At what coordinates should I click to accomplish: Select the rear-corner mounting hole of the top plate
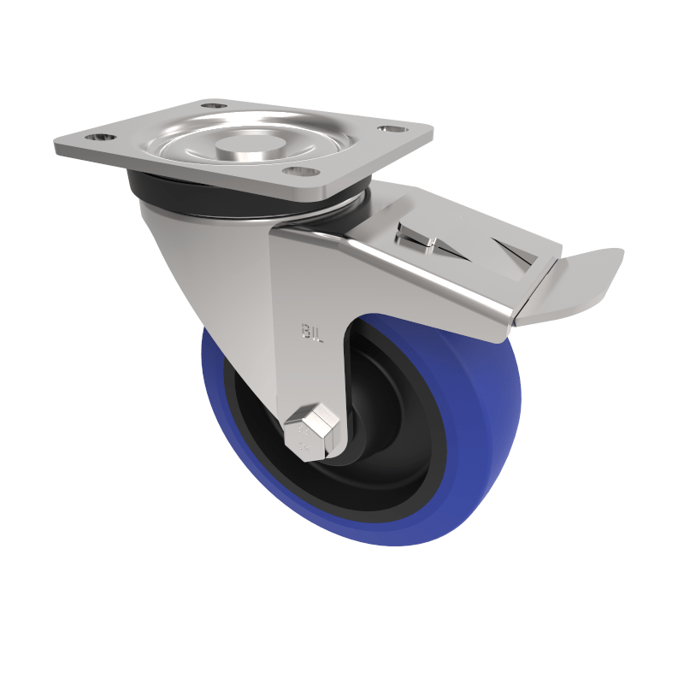[215, 106]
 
